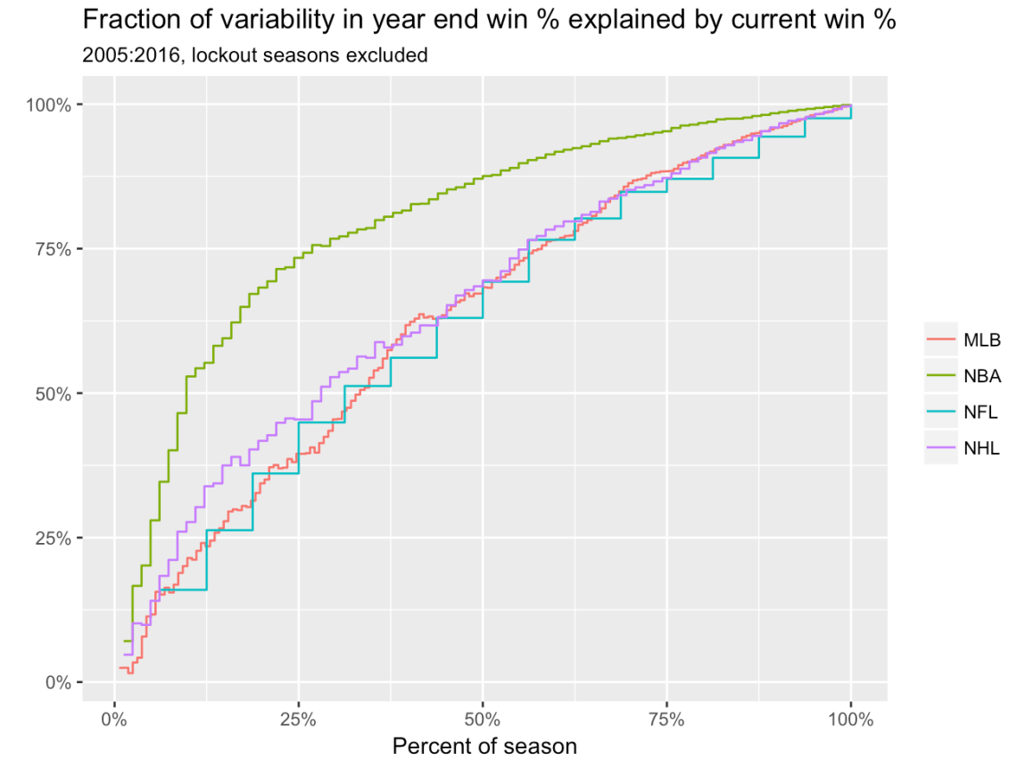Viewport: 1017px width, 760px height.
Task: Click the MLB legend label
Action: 981,339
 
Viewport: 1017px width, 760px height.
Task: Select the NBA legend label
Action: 982,376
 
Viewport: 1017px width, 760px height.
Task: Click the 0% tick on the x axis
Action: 114,719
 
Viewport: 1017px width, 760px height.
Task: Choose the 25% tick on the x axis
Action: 298,719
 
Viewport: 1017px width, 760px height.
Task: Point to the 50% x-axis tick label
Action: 482,719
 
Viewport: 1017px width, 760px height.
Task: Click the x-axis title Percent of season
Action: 484,746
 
